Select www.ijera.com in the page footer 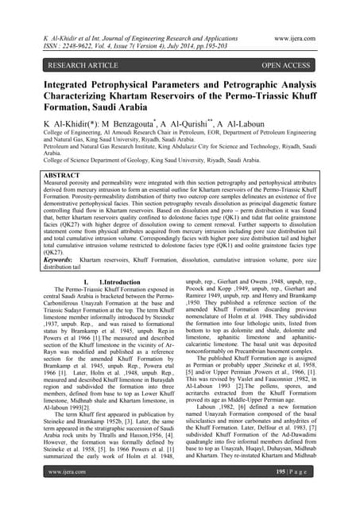[x=56, y=493]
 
